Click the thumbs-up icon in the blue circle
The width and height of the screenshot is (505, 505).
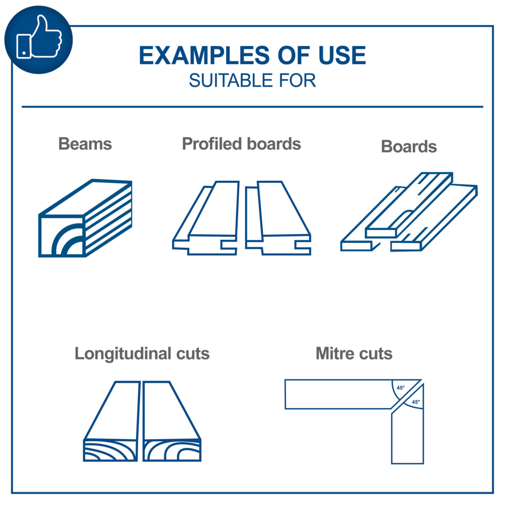coord(39,37)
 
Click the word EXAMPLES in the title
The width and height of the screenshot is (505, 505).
coord(204,55)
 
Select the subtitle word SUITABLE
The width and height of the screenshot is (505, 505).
coord(231,80)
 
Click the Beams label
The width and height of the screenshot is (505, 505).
coord(85,144)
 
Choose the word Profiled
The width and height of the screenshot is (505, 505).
coord(212,144)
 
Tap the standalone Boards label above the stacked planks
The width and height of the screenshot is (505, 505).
coord(409,146)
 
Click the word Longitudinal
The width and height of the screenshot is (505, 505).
coord(123,353)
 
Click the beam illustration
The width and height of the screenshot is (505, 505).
coord(86,218)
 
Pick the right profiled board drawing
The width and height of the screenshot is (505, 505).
coord(278,218)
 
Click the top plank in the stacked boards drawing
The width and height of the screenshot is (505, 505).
coord(409,205)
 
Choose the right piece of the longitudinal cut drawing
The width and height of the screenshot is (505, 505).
coord(172,421)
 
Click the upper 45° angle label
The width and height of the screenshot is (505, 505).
coord(400,388)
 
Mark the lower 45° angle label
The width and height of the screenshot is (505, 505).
coord(416,402)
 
